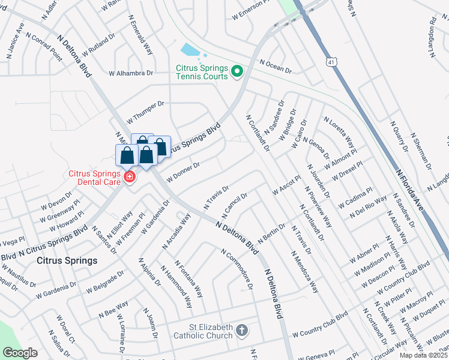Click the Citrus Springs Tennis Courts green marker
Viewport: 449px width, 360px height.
[x=237, y=73]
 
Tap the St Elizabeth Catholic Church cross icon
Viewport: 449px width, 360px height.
[x=241, y=331]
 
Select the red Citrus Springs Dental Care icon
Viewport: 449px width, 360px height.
[x=129, y=177]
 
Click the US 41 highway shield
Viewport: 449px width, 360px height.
[x=331, y=62]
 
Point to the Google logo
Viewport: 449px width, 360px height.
[x=20, y=353]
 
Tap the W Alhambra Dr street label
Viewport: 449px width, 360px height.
[x=131, y=73]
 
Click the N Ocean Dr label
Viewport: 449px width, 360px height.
[x=276, y=67]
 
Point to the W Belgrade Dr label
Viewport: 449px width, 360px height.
[x=104, y=281]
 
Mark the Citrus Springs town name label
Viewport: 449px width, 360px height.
[x=67, y=261]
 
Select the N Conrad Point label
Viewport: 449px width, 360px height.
[x=43, y=46]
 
